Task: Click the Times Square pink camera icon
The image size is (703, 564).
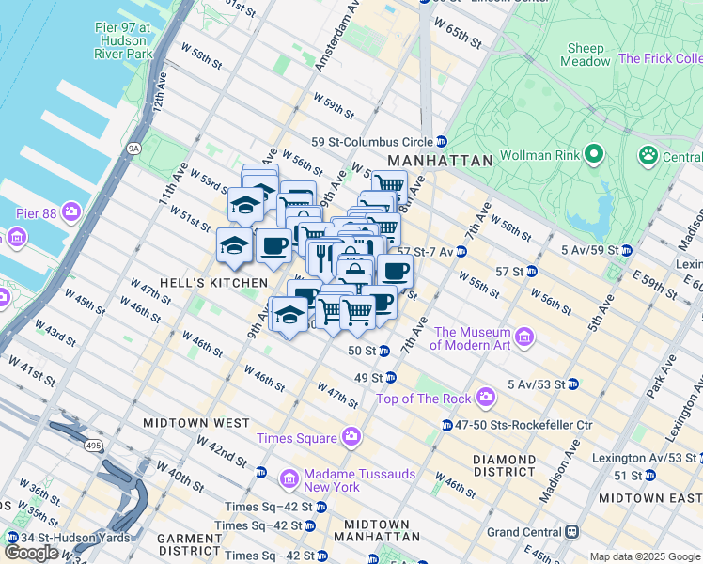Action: tap(351, 437)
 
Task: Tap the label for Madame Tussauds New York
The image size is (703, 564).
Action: tap(345, 480)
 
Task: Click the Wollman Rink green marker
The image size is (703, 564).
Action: tap(593, 152)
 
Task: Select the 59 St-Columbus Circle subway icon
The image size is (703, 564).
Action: tap(441, 142)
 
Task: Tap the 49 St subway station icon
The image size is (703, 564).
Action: tap(390, 378)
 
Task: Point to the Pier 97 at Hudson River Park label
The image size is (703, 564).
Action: tap(123, 41)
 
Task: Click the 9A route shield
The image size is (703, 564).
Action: tap(134, 148)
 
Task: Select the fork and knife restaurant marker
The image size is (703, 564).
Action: tap(321, 256)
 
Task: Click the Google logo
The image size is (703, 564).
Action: tap(31, 553)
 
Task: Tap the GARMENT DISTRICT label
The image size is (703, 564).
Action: tap(189, 545)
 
